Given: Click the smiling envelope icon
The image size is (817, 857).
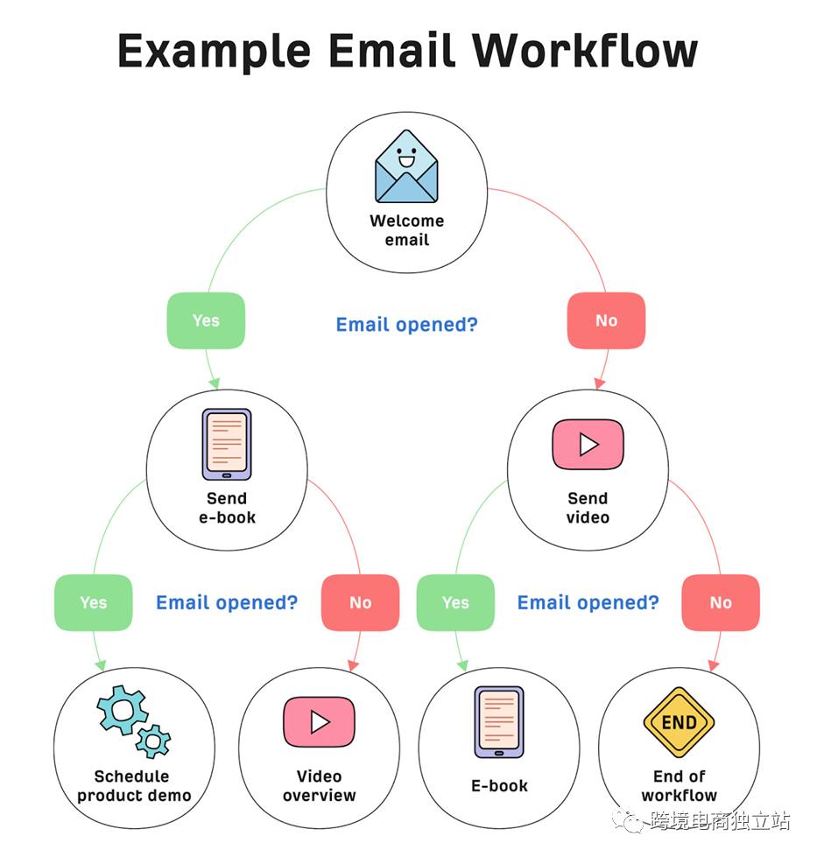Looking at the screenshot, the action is tap(406, 166).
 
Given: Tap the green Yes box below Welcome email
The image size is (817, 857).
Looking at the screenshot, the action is tap(206, 320).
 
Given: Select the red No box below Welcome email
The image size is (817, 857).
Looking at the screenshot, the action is tap(607, 320).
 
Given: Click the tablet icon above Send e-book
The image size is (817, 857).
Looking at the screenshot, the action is tap(227, 445).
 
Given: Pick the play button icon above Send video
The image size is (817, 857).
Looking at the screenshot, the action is tap(588, 445).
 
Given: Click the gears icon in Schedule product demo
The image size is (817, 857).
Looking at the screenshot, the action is tap(134, 721).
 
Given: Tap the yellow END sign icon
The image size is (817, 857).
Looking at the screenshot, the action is tap(680, 722).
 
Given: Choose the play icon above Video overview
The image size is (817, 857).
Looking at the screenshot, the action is tap(320, 722).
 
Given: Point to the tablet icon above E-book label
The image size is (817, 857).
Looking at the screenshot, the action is tap(499, 722).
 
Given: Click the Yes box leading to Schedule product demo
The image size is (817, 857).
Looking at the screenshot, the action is tap(94, 602).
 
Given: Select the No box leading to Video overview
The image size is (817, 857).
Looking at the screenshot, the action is tap(361, 602).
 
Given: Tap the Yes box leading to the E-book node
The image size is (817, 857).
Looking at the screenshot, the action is tap(455, 602).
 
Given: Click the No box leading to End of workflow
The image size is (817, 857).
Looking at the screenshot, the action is tap(721, 602).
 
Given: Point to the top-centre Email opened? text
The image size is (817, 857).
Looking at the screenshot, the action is tap(407, 325).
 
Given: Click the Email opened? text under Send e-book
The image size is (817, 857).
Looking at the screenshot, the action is tap(227, 603).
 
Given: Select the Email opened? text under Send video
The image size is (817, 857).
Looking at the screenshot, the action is tap(588, 603).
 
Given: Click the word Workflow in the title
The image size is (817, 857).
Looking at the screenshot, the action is tap(585, 50).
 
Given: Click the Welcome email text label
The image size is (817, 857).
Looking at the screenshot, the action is tap(407, 230).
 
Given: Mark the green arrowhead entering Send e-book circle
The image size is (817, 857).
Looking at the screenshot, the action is tap(215, 383).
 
